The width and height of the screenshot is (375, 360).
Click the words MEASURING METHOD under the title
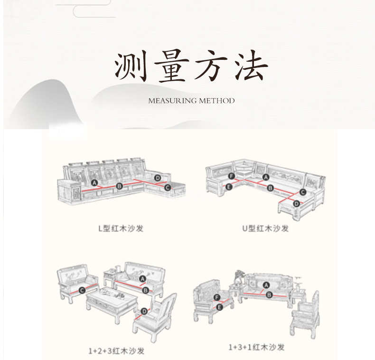tap(191, 101)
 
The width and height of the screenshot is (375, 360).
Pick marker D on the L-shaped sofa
tap(158, 178)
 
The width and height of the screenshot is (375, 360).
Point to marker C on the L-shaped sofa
tap(168, 188)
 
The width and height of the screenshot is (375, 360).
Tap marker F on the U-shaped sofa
tap(231, 176)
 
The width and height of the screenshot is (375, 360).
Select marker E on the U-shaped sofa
tap(229, 188)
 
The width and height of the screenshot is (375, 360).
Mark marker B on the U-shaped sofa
tap(270, 188)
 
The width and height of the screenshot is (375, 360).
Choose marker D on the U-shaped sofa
tap(296, 204)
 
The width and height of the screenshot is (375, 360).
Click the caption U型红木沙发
tap(265, 228)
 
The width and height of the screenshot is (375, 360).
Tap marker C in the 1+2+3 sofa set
tap(82, 290)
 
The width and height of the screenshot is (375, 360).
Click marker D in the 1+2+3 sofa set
tap(144, 311)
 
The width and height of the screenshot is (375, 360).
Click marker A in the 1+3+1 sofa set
tap(266, 284)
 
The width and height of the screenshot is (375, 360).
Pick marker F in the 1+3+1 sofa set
tap(217, 298)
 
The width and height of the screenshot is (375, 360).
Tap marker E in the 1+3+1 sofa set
tap(219, 308)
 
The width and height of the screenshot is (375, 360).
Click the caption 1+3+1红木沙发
tap(256, 348)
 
